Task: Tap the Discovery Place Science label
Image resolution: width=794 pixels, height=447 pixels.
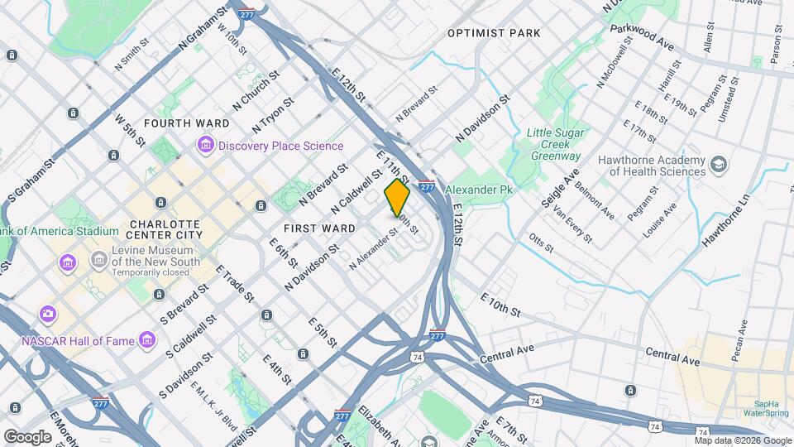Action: point(280,147)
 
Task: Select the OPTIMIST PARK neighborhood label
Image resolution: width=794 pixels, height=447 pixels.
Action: point(494,33)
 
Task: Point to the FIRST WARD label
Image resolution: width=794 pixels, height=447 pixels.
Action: point(313,228)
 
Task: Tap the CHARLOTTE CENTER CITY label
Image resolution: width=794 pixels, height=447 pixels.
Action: point(165,229)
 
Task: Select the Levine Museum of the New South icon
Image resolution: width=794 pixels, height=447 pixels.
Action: point(98,261)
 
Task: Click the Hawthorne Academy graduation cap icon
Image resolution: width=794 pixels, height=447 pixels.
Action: point(718,166)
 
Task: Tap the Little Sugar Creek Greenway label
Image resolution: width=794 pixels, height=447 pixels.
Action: point(556,144)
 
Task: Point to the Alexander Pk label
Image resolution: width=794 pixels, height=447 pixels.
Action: point(479,190)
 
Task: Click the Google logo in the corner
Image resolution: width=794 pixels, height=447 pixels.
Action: point(27,435)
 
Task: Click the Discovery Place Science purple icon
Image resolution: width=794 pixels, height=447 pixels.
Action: point(204,146)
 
